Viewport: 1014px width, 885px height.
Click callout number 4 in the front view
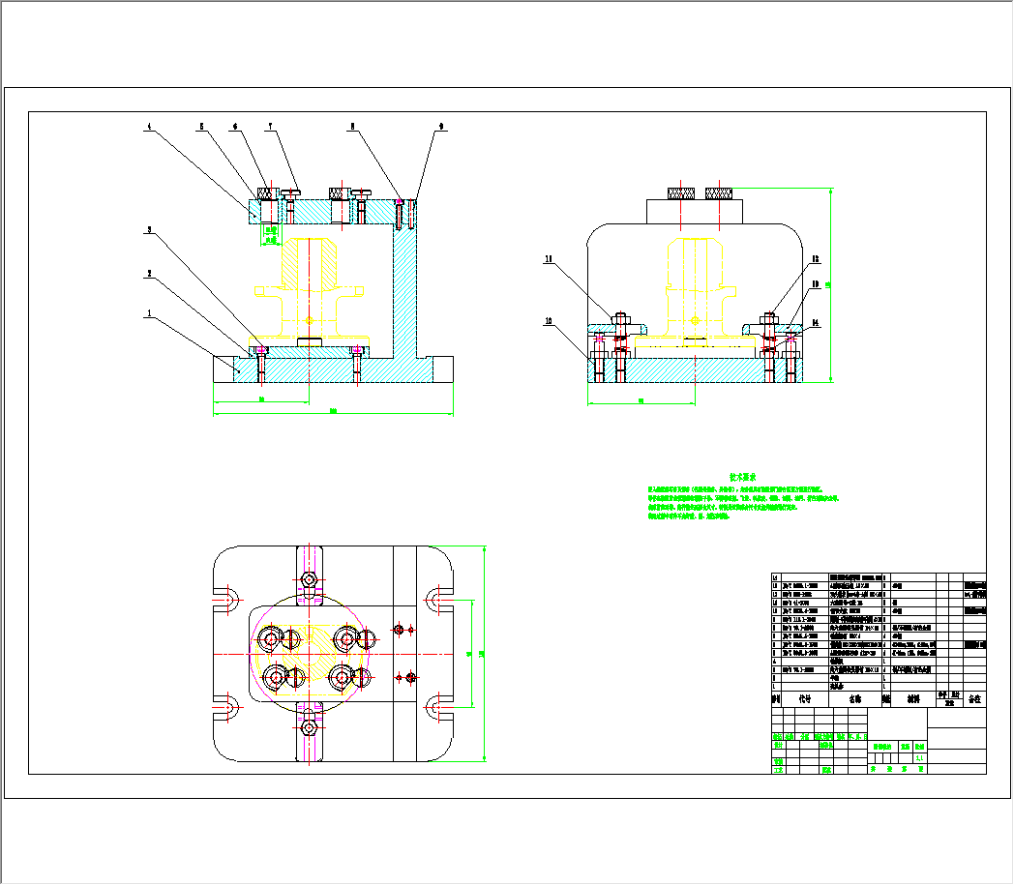149,126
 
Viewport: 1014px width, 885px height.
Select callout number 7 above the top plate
270,126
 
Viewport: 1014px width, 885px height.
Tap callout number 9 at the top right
441,126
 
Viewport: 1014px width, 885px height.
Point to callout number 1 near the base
149,313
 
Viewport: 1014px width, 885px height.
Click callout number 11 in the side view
548,259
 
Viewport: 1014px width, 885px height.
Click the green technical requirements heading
742,477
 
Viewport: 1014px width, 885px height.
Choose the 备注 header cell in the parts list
974,696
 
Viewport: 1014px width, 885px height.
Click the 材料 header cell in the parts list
913,696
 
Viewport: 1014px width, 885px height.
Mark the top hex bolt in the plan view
309,579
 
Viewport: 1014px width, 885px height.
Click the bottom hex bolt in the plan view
309,726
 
